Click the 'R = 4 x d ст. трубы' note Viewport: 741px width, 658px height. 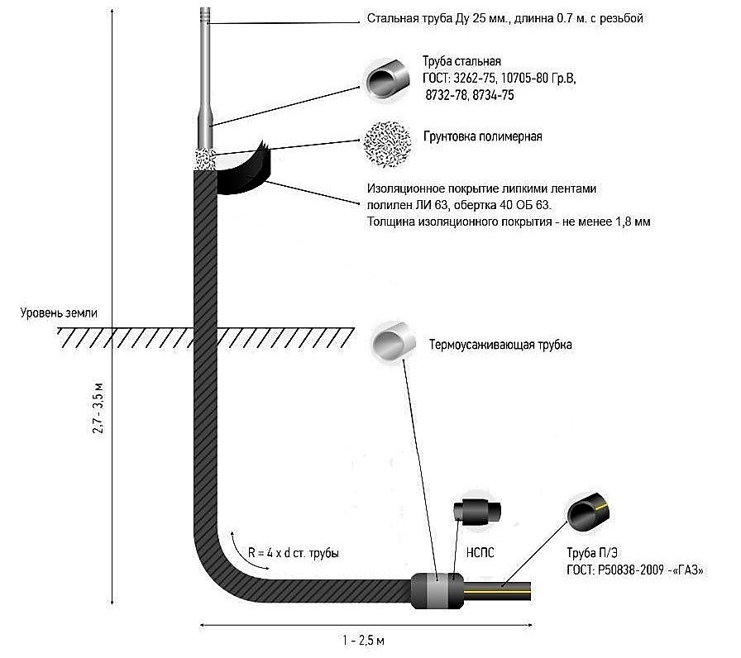pos(294,552)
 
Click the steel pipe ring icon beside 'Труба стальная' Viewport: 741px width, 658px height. pos(388,78)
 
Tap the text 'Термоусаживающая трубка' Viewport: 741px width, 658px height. pos(500,345)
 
